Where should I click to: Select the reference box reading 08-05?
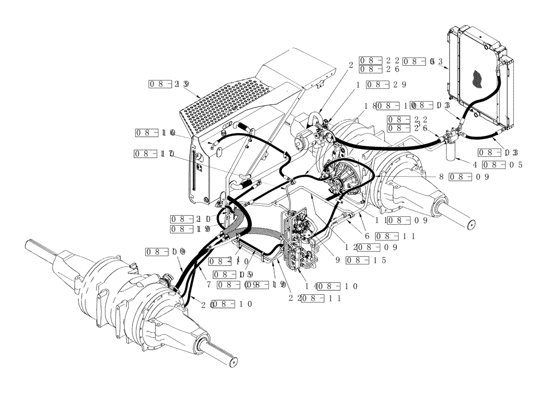click(503, 164)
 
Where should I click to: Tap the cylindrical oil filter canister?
click(452, 150)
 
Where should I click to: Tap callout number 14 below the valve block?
click(311, 286)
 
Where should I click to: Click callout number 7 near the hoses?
click(209, 285)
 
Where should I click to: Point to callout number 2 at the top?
click(350, 65)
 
